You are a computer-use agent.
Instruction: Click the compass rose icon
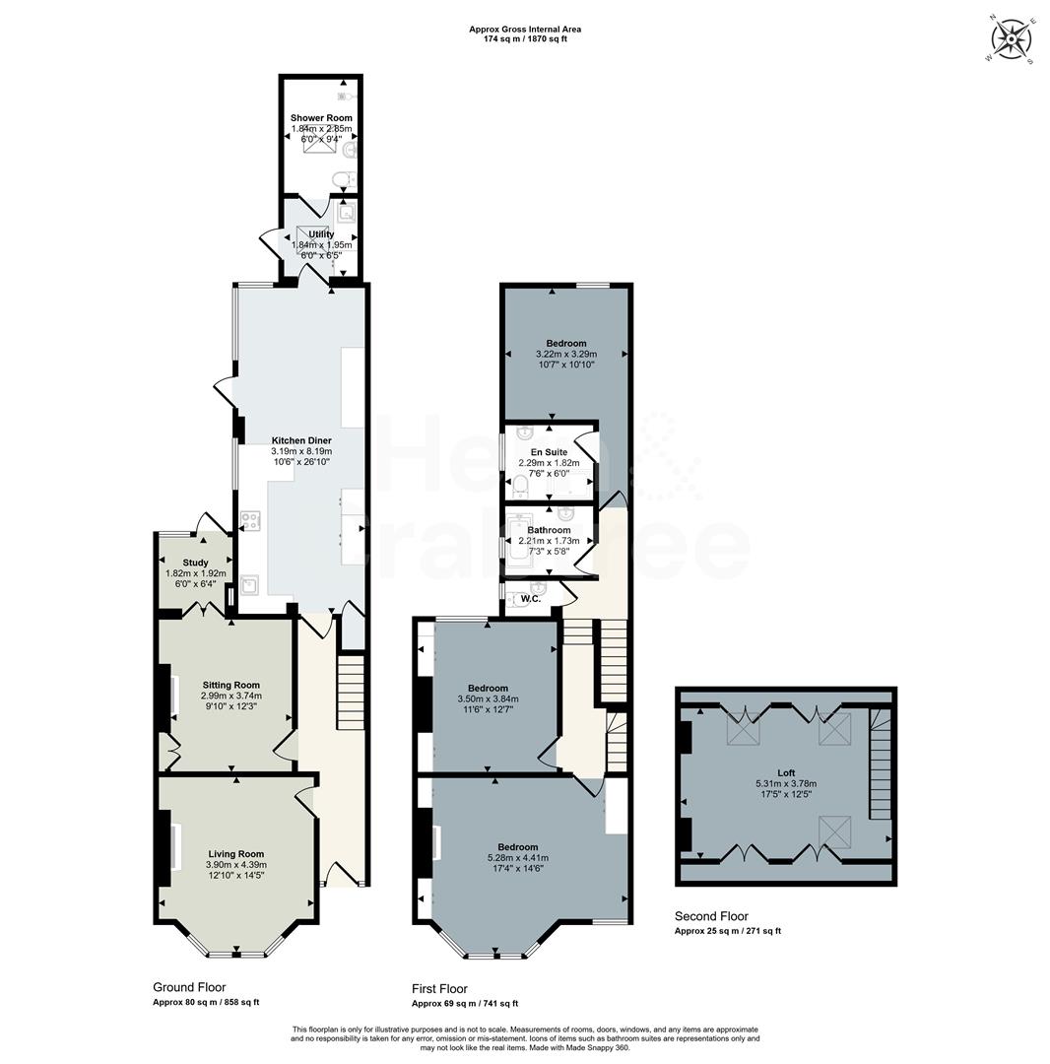[1011, 40]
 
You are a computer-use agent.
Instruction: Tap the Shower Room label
[321, 118]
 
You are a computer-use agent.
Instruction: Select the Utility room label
[321, 234]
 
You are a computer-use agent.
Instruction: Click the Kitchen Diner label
[301, 440]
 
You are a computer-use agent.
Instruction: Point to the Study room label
[195, 563]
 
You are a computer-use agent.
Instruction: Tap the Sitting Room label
[231, 685]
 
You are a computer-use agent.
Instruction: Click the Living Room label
[236, 854]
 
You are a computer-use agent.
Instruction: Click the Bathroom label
[549, 530]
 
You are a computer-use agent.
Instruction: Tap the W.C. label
[531, 598]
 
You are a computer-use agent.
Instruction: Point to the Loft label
[785, 773]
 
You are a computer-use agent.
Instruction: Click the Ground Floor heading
[189, 987]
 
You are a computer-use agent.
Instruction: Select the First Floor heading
[439, 988]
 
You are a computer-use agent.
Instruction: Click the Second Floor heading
[711, 916]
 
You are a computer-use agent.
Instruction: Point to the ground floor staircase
[351, 694]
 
